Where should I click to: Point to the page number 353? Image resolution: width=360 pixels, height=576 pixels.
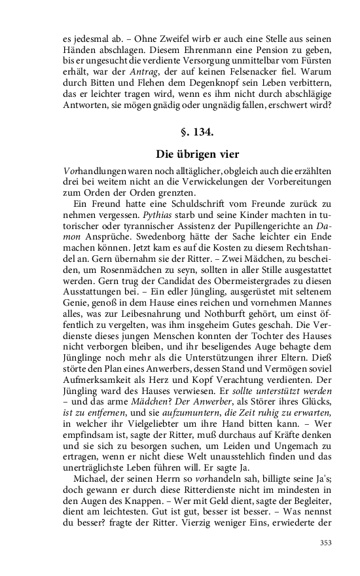pyautogui.click(x=325, y=542)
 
